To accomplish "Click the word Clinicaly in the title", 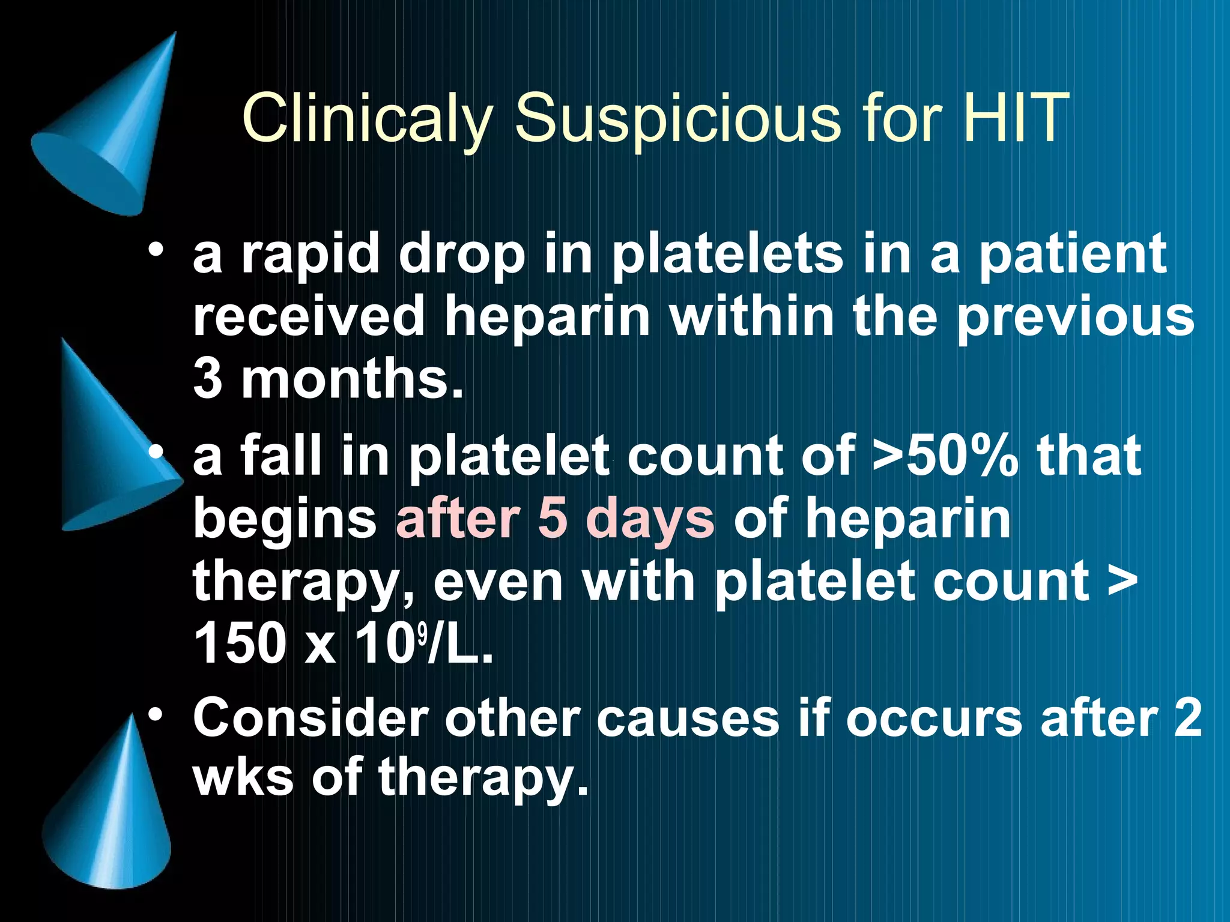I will [366, 118].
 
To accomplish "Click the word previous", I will [1075, 318].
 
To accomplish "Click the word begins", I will [285, 520].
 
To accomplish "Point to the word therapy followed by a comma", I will [303, 582].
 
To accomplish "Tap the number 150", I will [240, 643].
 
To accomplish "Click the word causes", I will [687, 718].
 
